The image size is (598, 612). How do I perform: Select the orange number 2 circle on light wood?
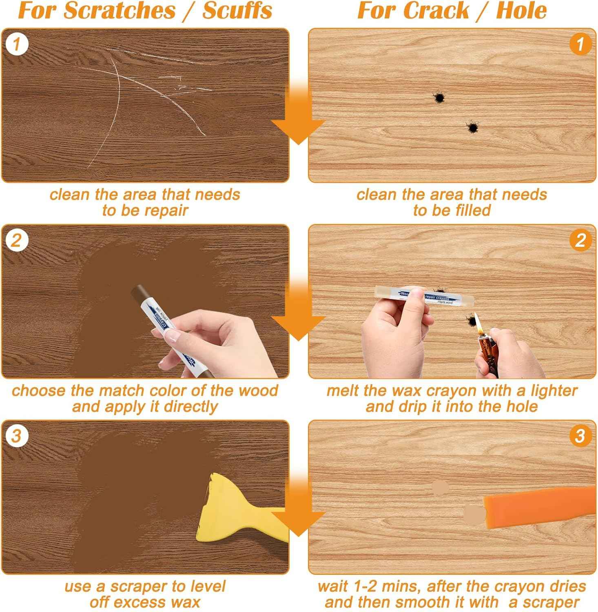(x=580, y=240)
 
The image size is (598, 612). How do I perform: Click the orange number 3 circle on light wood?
(x=580, y=436)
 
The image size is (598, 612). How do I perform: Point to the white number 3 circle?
(x=17, y=436)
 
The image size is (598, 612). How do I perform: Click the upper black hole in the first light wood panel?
(x=439, y=98)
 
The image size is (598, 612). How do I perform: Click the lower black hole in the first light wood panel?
(x=472, y=128)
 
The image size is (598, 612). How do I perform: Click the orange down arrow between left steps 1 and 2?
(x=298, y=122)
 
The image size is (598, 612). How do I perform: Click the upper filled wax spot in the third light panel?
(x=439, y=488)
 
